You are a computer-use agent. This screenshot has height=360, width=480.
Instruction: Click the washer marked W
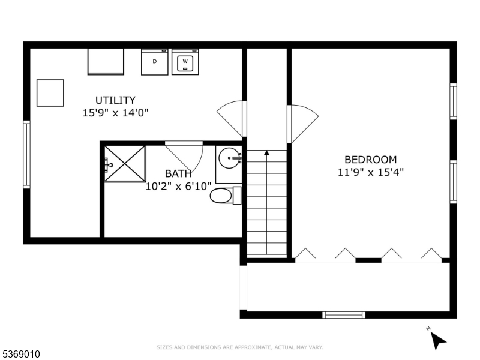pos(185,62)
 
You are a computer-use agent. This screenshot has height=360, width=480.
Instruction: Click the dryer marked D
pos(155,62)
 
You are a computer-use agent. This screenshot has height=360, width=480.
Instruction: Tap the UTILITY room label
pos(115,100)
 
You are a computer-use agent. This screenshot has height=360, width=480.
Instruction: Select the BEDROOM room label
pos(370,160)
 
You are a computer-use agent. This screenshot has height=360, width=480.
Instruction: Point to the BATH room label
pos(179,174)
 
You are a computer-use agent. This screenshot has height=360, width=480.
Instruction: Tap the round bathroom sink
pos(229,160)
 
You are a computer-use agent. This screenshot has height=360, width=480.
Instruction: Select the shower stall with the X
pos(125,163)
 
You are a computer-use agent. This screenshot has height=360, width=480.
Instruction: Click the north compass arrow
pos(437,340)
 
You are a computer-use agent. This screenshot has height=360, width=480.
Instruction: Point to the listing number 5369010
pos(22,355)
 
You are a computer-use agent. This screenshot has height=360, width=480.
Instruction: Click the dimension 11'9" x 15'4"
pos(370,172)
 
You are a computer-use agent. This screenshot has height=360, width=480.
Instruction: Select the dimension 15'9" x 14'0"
pos(115,112)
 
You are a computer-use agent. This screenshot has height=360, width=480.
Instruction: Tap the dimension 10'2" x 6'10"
pos(179,187)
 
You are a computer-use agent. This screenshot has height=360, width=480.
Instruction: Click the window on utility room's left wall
pos(26,155)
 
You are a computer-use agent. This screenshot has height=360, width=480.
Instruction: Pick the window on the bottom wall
pos(343,314)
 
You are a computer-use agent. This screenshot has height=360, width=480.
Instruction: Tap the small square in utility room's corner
pos(50,93)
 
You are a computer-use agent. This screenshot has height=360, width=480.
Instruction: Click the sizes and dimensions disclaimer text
pos(240,347)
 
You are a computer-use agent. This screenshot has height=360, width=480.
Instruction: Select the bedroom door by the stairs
pos(301,123)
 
